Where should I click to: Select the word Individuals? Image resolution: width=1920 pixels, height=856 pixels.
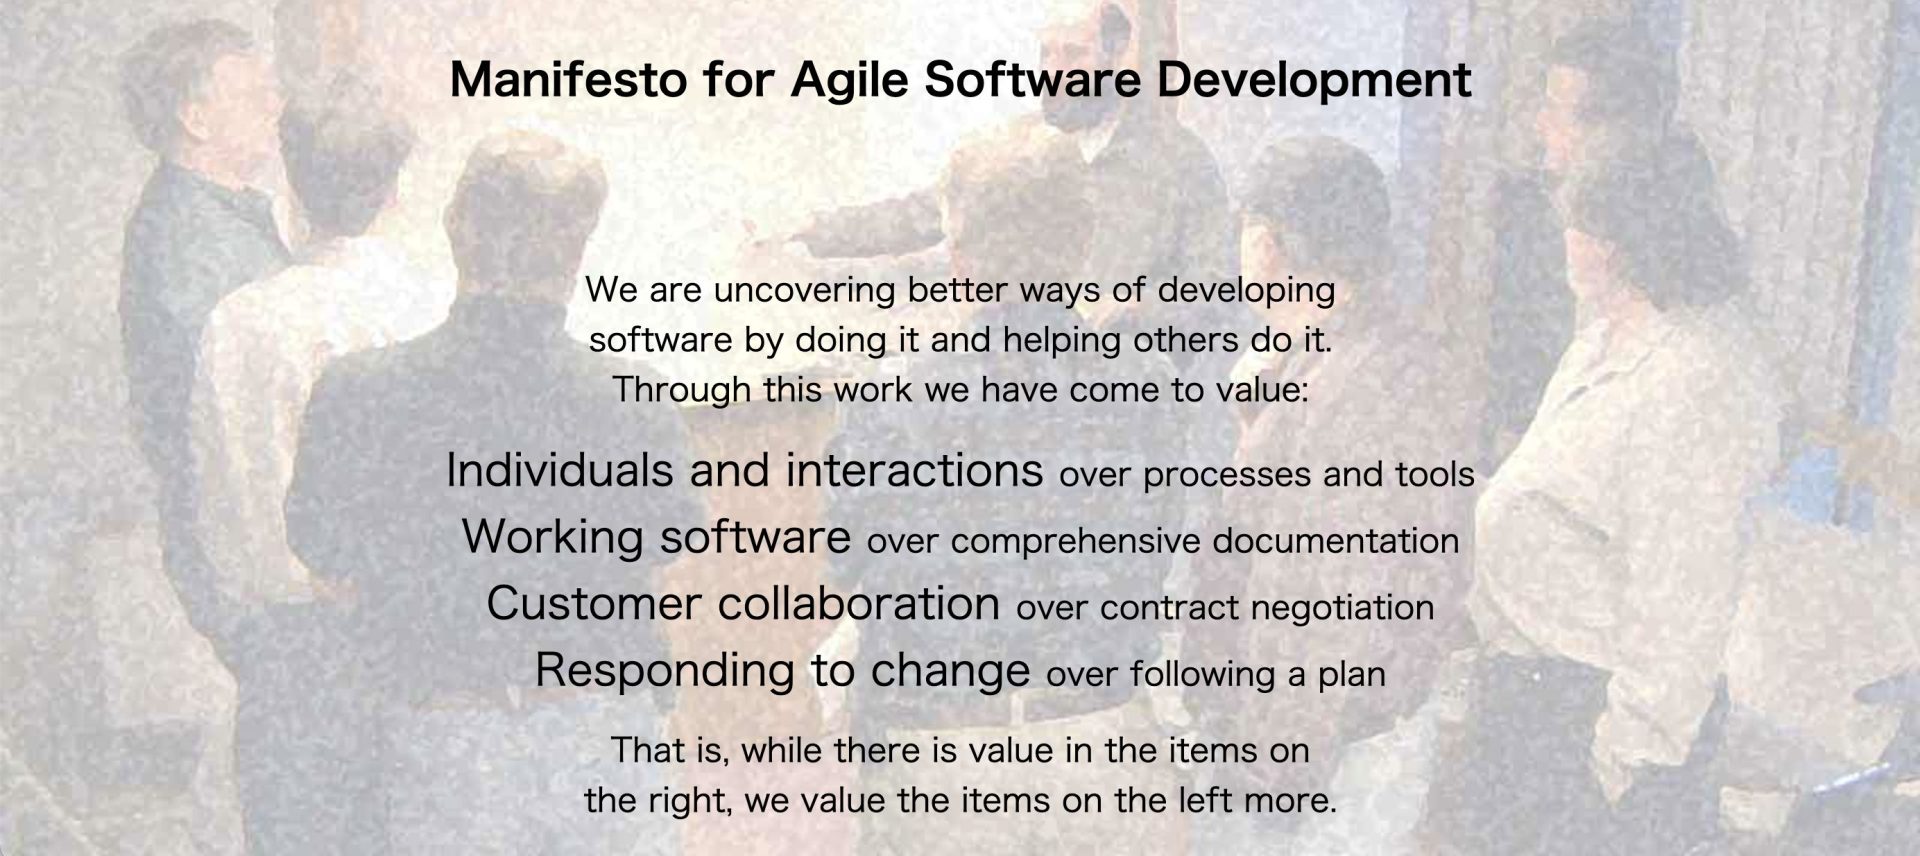point(560,470)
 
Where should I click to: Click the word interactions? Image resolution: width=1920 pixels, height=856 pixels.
point(914,470)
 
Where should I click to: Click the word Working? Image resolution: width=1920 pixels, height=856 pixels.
point(553,538)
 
